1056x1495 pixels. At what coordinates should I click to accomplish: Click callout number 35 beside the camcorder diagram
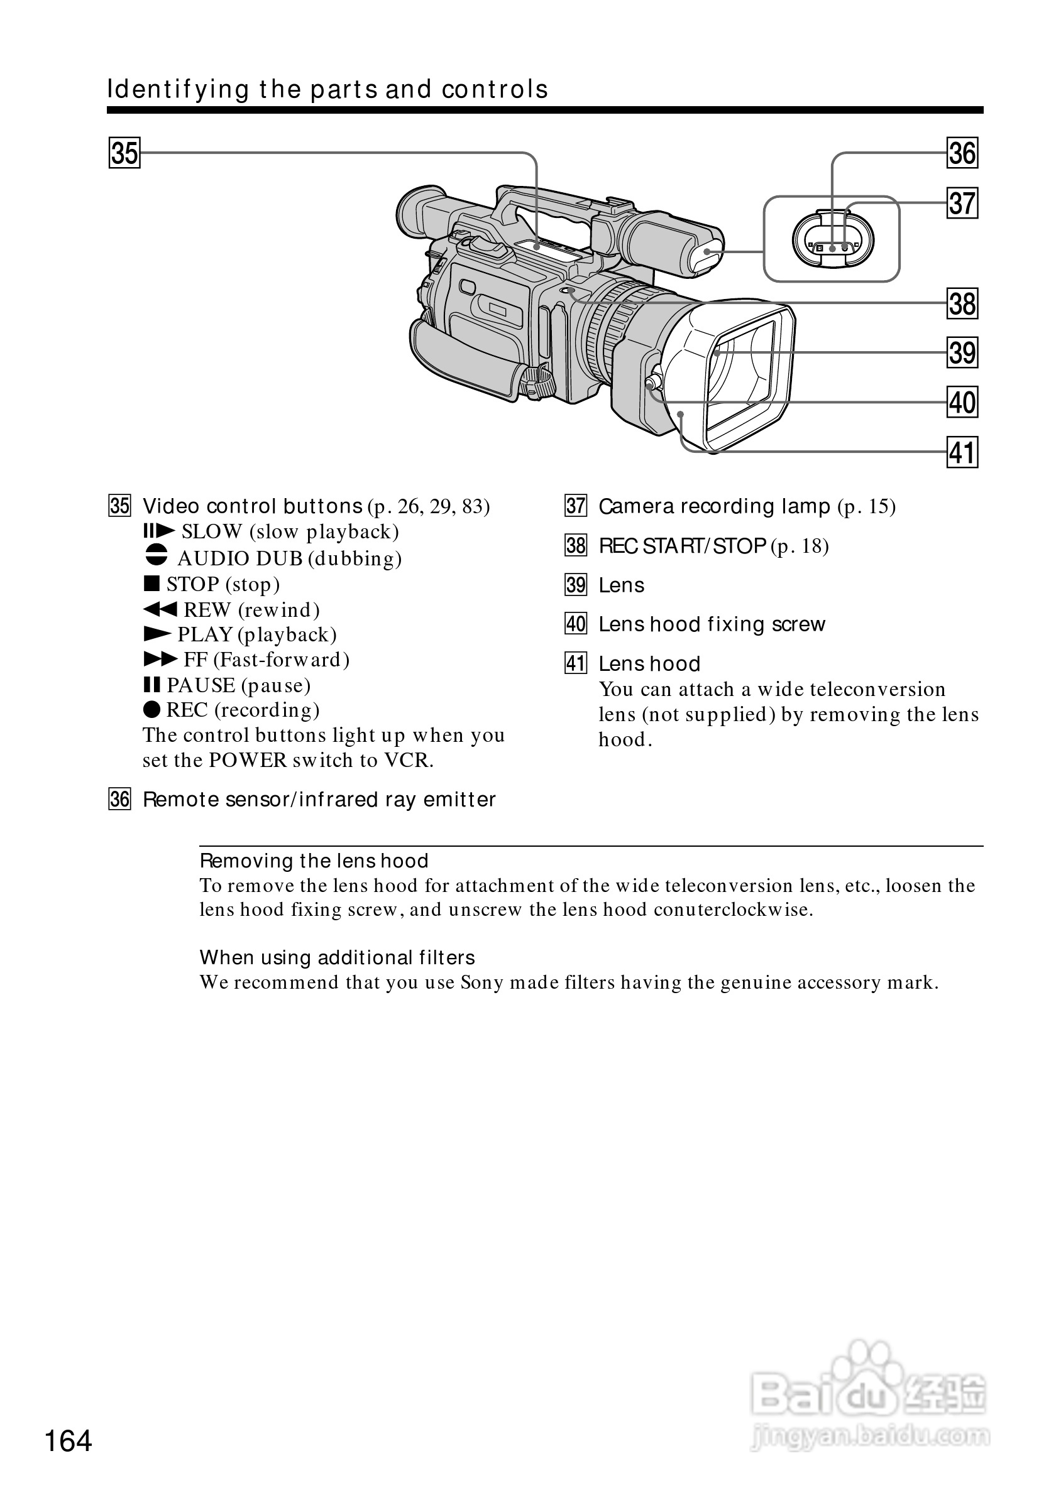tap(124, 154)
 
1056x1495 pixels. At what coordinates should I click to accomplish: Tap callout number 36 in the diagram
tap(962, 154)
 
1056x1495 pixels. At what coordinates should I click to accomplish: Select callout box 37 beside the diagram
tap(962, 203)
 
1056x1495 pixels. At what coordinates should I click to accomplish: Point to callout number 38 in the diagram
tap(962, 304)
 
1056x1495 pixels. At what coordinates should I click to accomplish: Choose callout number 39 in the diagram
tap(962, 353)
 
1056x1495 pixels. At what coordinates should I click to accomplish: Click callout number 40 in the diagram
tap(962, 403)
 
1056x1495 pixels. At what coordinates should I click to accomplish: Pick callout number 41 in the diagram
tap(962, 452)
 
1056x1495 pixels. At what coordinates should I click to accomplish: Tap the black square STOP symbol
tap(151, 584)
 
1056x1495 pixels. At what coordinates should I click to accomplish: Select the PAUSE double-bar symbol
tap(151, 685)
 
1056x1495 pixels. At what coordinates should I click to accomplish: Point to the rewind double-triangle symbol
tap(160, 609)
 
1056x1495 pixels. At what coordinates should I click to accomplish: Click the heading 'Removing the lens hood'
tap(314, 861)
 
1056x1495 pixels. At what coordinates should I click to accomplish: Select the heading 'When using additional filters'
tap(337, 958)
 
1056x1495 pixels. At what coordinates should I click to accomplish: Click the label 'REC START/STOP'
tap(681, 546)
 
